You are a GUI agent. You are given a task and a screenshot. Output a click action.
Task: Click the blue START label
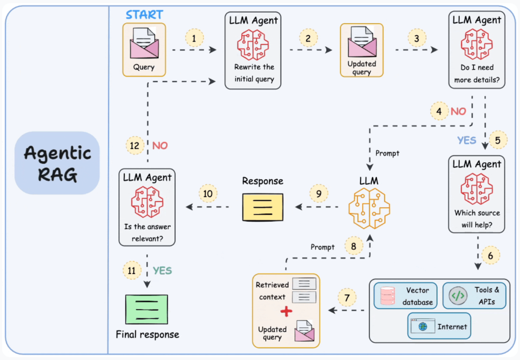tap(144, 14)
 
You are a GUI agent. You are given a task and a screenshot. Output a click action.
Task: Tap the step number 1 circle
tap(194, 38)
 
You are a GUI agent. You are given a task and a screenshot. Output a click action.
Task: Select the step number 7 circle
tap(347, 298)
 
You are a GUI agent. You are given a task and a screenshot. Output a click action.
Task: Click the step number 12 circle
tap(135, 145)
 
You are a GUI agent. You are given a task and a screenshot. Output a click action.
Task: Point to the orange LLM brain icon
tap(369, 208)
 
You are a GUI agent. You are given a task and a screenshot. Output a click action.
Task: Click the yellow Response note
tap(263, 207)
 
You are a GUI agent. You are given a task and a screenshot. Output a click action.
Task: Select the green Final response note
tap(146, 309)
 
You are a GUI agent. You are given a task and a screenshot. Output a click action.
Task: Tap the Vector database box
tap(405, 296)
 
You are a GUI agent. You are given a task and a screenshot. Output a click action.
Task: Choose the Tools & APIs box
tap(474, 296)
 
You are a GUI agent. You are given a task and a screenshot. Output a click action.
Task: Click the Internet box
tap(439, 326)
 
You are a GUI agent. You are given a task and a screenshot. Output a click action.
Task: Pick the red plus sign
tap(286, 311)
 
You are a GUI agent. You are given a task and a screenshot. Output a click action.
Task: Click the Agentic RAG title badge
tap(57, 163)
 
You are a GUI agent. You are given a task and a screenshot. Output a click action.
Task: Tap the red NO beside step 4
tap(458, 111)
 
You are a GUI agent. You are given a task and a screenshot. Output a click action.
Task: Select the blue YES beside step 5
tap(467, 140)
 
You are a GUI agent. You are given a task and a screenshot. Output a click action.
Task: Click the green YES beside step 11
tap(162, 270)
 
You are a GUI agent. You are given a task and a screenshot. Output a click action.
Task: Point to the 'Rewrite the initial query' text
tap(254, 73)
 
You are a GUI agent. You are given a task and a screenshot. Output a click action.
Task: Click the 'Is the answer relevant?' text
tap(148, 233)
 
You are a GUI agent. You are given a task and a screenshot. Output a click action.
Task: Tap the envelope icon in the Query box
tap(144, 43)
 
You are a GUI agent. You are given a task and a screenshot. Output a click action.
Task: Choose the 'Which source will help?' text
tap(477, 219)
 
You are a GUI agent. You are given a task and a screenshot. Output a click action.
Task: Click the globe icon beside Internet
tap(423, 326)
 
